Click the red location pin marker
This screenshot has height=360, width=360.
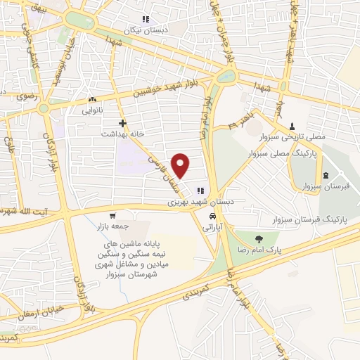point(181,165)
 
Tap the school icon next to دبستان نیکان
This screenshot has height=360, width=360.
point(146,19)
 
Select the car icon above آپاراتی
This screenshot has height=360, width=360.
point(212,216)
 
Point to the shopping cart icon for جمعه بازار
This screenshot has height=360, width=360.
point(112,215)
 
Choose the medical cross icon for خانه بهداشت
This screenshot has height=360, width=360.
point(122,122)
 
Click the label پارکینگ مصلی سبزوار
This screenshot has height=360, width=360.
point(312,151)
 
